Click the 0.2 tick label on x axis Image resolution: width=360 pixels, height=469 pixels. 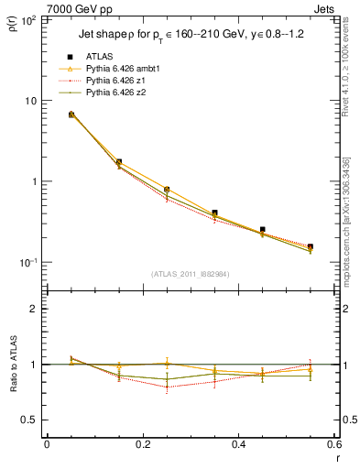[143, 444]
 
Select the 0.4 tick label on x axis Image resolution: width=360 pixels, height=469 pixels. [238, 444]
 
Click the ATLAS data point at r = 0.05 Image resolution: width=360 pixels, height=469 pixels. [71, 115]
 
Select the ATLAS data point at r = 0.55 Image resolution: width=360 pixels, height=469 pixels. [311, 246]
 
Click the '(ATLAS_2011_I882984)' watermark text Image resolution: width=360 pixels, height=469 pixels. [190, 274]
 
